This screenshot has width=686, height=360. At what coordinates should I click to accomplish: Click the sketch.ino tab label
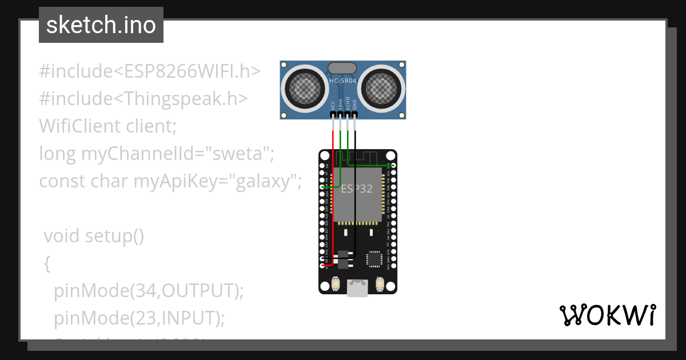[101, 26]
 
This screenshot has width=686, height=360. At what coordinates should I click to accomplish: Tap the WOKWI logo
[607, 315]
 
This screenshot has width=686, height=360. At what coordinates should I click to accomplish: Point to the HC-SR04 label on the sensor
[343, 81]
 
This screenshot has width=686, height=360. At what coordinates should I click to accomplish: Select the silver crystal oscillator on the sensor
[342, 68]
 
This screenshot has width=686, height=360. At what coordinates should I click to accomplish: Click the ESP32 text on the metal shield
[357, 189]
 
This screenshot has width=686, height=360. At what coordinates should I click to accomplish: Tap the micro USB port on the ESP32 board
[357, 288]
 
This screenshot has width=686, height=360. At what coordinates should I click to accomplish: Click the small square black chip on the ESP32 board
[374, 259]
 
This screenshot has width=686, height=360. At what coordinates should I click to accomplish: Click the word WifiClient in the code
[79, 126]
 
